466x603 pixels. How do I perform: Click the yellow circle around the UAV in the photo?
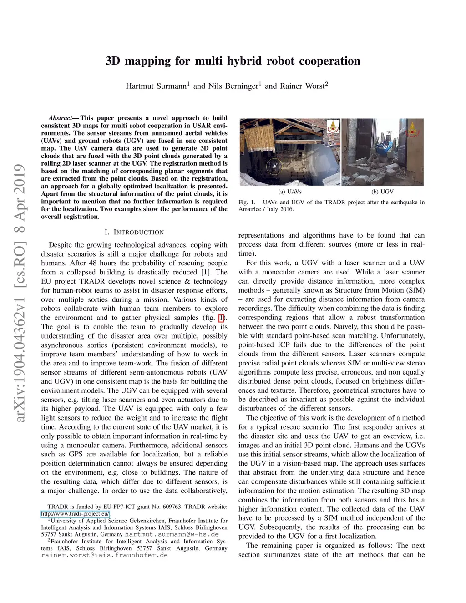point(274,167)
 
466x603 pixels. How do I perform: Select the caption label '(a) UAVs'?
point(289,192)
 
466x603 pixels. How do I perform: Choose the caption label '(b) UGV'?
point(382,192)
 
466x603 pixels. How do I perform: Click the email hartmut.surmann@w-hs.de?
point(172,534)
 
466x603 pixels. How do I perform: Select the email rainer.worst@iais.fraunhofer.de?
point(104,555)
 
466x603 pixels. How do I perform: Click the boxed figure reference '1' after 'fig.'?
point(221,318)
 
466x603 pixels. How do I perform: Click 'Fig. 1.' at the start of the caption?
point(246,202)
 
